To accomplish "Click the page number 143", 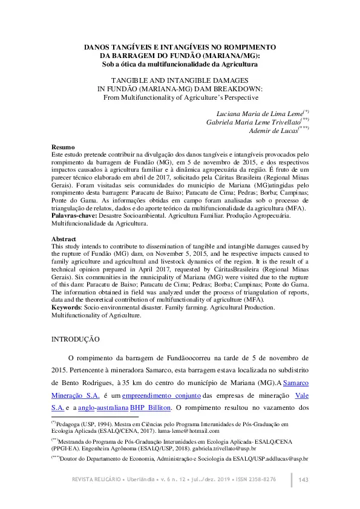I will click(x=304, y=479).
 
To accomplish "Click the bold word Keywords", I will click(x=67, y=307).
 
